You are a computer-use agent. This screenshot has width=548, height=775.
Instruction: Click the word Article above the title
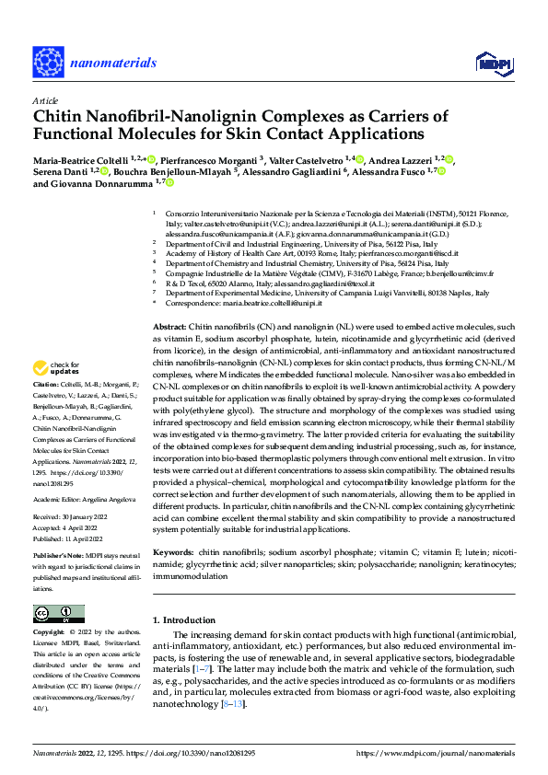(44, 100)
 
